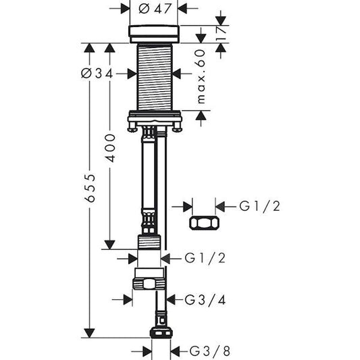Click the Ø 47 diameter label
click(x=153, y=9)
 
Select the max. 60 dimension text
click(x=201, y=76)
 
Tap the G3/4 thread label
click(x=195, y=299)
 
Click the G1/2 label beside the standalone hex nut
click(x=259, y=205)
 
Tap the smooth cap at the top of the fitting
click(x=153, y=33)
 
